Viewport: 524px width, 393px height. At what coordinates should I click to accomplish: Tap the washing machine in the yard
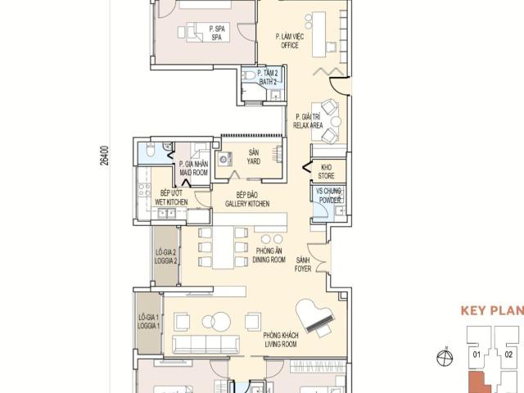(x=224, y=159)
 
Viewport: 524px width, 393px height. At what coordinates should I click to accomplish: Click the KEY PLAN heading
(x=492, y=310)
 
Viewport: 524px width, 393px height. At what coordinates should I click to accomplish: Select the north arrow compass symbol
(x=445, y=357)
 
